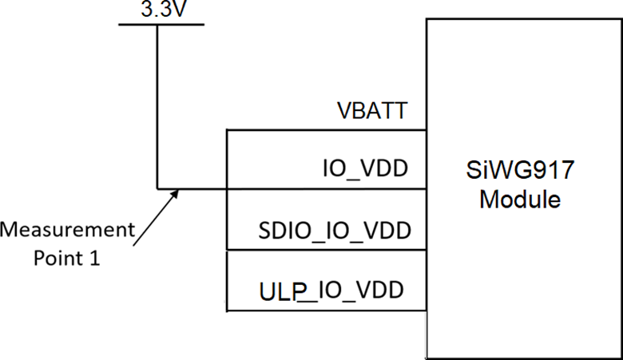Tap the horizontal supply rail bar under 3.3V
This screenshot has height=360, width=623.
click(161, 23)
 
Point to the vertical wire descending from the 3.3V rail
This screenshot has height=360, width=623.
click(157, 104)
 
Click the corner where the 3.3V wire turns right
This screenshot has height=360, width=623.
click(157, 190)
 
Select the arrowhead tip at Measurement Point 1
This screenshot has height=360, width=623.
click(177, 192)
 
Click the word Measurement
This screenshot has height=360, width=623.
click(68, 231)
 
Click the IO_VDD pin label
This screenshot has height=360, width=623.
click(366, 169)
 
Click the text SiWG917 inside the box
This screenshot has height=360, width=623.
click(519, 170)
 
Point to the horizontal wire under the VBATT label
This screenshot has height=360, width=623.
click(327, 130)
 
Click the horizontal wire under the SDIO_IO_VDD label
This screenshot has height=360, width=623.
click(327, 251)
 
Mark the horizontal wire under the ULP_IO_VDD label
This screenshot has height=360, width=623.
click(327, 310)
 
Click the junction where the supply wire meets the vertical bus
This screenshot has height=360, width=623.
click(228, 190)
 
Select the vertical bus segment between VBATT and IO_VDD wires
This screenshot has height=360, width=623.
click(228, 160)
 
